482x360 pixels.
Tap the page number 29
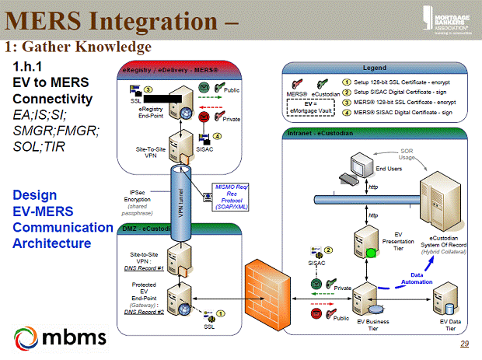click(x=465, y=344)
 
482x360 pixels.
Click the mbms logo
click(x=61, y=337)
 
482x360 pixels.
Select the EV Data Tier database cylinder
click(x=444, y=296)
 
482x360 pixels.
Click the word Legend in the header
click(x=375, y=68)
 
